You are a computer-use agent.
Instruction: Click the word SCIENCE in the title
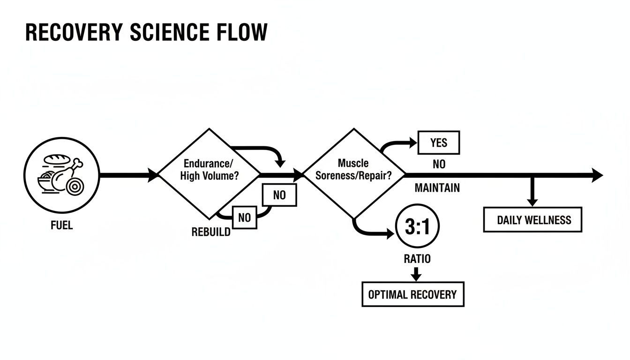(x=170, y=32)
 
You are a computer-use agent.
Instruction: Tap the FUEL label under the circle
(x=62, y=225)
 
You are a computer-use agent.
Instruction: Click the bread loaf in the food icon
(x=57, y=159)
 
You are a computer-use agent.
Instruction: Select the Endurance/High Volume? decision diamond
(x=209, y=174)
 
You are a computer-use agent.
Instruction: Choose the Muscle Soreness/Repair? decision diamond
(x=354, y=173)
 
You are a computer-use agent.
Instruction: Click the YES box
(x=439, y=142)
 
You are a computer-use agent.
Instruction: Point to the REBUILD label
(x=211, y=232)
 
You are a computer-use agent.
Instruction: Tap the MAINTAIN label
(x=437, y=188)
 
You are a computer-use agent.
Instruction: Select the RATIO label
(x=417, y=259)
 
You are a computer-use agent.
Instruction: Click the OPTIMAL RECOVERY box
(x=413, y=294)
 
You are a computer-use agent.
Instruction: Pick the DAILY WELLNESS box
(x=532, y=220)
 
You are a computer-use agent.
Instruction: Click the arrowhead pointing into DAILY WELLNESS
(x=532, y=202)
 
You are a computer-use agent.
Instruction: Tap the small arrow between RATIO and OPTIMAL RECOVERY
(x=416, y=274)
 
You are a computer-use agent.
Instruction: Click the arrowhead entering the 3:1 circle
(x=390, y=233)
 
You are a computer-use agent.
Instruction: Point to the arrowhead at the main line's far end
(x=597, y=175)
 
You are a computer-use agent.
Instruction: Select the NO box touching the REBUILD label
(x=245, y=217)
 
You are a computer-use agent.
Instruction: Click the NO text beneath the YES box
(x=439, y=164)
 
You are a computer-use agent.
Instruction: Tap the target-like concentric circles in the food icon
(x=75, y=186)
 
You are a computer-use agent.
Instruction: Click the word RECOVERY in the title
(x=74, y=32)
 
